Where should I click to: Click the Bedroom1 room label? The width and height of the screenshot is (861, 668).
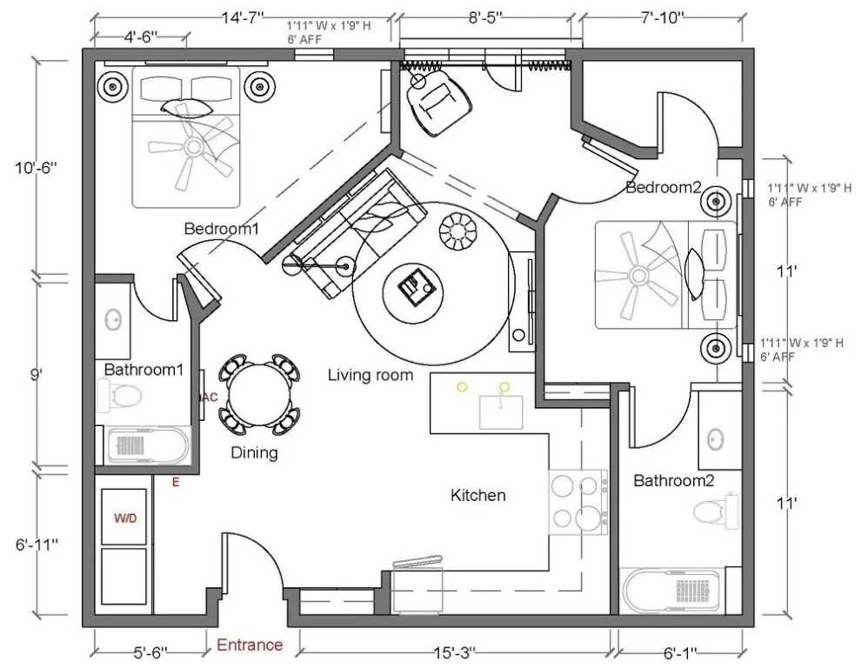click(221, 229)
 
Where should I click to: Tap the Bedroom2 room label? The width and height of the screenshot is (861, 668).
click(664, 188)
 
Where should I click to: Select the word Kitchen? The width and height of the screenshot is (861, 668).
click(477, 496)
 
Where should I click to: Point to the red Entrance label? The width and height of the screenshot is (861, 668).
click(250, 645)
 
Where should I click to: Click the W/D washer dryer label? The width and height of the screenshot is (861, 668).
click(125, 518)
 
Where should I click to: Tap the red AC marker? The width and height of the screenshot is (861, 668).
click(210, 397)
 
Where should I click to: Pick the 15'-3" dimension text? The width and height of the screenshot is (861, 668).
click(455, 653)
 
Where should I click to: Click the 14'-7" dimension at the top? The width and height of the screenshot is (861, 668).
click(243, 17)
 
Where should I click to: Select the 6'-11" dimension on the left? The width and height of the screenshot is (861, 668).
click(37, 545)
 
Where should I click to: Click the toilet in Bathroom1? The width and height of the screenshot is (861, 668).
click(120, 395)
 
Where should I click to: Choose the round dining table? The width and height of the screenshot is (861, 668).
click(259, 394)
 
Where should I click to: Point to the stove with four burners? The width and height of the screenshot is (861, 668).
click(578, 502)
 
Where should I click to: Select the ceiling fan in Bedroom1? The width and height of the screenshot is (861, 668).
click(193, 147)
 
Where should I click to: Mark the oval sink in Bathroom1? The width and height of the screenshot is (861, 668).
click(113, 320)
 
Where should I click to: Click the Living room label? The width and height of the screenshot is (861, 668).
click(370, 376)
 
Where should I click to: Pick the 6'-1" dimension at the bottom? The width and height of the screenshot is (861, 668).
click(680, 653)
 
